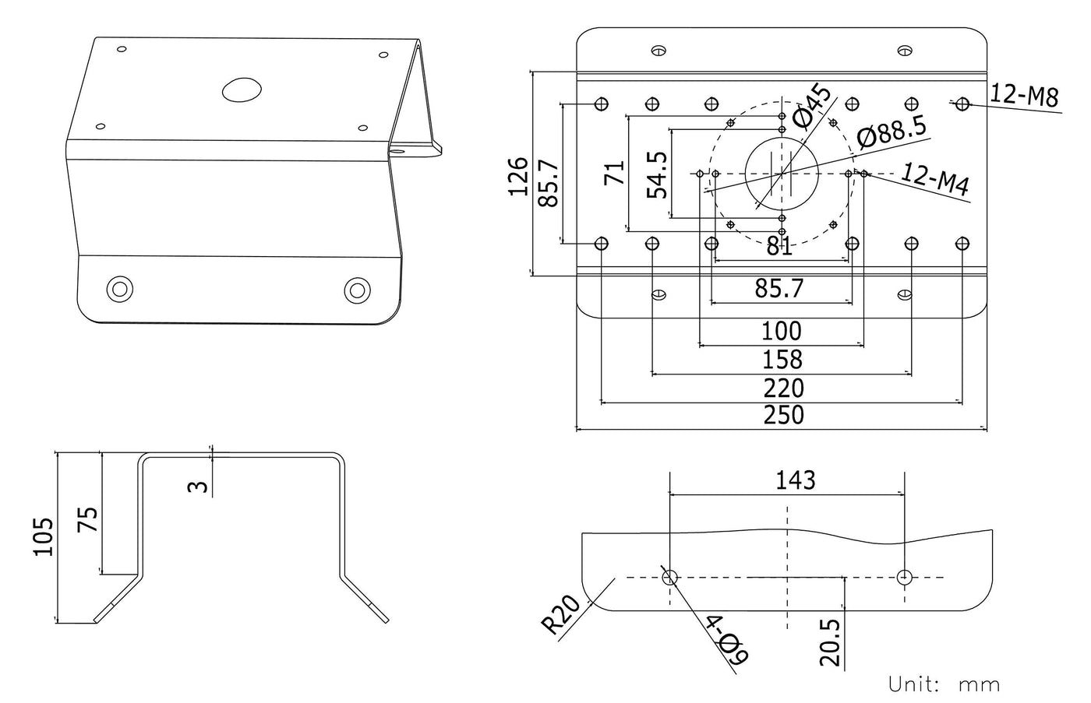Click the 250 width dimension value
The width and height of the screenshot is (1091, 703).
click(x=782, y=415)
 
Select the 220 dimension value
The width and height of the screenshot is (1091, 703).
click(x=782, y=388)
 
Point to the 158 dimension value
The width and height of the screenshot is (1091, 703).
click(x=782, y=360)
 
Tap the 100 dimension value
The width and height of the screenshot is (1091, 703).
click(x=781, y=331)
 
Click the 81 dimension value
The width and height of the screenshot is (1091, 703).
click(x=779, y=247)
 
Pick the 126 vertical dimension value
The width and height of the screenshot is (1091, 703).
click(x=518, y=176)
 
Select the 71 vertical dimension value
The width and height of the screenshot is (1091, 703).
click(x=616, y=172)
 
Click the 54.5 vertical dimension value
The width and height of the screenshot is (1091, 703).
click(x=658, y=174)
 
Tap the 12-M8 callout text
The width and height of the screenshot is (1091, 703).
click(x=1024, y=96)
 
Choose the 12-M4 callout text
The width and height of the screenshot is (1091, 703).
click(x=935, y=180)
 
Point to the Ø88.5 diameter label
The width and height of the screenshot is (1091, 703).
click(x=892, y=131)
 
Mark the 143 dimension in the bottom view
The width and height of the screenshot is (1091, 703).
click(x=795, y=480)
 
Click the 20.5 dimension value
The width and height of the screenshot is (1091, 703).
click(x=831, y=642)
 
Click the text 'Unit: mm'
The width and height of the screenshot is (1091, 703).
click(x=944, y=684)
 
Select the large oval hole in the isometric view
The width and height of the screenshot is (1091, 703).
click(x=241, y=90)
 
